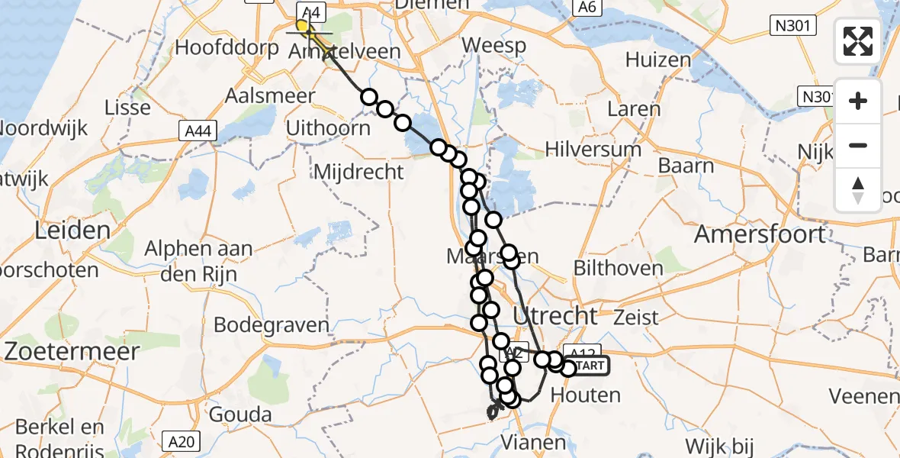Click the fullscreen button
pyautogui.click(x=858, y=41)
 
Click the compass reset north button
pyautogui.click(x=858, y=190)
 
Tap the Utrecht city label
pyautogui.click(x=555, y=315)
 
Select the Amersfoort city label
pyautogui.click(x=759, y=234)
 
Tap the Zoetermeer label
pyautogui.click(x=72, y=352)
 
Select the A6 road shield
pyautogui.click(x=585, y=7)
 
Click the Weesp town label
pyautogui.click(x=494, y=46)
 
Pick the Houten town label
pyautogui.click(x=584, y=395)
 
